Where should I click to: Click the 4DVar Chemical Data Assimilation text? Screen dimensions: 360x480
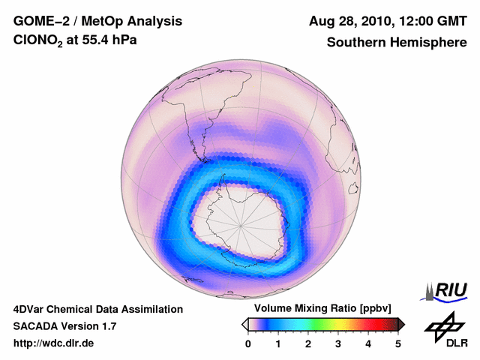[97, 309]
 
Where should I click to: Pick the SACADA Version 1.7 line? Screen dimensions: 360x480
[64, 326]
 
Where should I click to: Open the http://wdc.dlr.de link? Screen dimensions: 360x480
[54, 343]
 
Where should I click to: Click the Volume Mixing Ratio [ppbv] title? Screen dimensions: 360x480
[322, 308]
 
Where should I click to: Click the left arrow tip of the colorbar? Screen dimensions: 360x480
[244, 324]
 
